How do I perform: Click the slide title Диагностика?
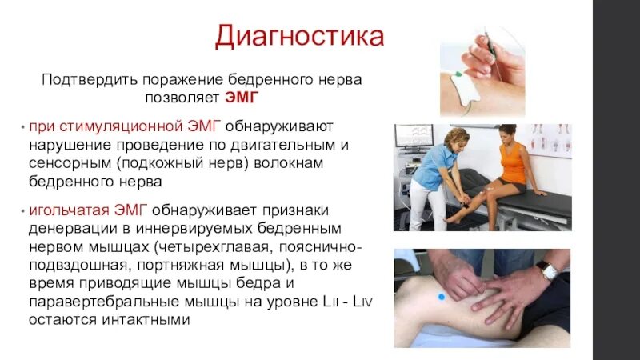pos(299,37)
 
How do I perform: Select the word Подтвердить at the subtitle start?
pos(90,80)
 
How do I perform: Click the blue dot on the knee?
pos(439,298)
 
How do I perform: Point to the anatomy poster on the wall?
pos(551,140)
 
